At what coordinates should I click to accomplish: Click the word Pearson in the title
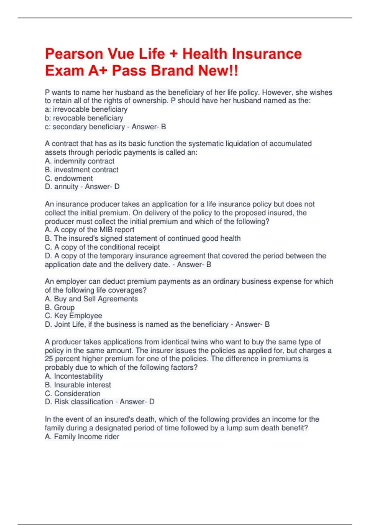pos(74,54)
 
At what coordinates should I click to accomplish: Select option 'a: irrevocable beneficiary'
pos(86,109)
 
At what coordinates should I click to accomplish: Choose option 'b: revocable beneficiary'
pos(84,118)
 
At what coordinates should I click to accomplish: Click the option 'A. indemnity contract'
pos(80,161)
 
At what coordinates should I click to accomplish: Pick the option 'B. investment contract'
pos(81,170)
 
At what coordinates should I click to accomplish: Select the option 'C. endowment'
pos(69,178)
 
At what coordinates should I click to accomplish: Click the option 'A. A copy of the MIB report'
pos(89,230)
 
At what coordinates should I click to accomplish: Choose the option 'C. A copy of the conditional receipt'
pos(102,247)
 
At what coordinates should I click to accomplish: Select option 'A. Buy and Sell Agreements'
pos(91,299)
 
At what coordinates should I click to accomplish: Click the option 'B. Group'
pos(60,308)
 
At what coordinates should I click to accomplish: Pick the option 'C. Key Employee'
pos(73,316)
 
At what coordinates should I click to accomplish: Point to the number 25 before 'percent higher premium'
pos(49,359)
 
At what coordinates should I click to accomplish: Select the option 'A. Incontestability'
pos(74,376)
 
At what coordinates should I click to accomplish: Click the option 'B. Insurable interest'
pos(78,385)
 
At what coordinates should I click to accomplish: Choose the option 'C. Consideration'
pos(72,393)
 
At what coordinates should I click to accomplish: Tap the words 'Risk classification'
pos(84,402)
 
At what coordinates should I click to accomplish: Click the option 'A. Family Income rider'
pos(82,437)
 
